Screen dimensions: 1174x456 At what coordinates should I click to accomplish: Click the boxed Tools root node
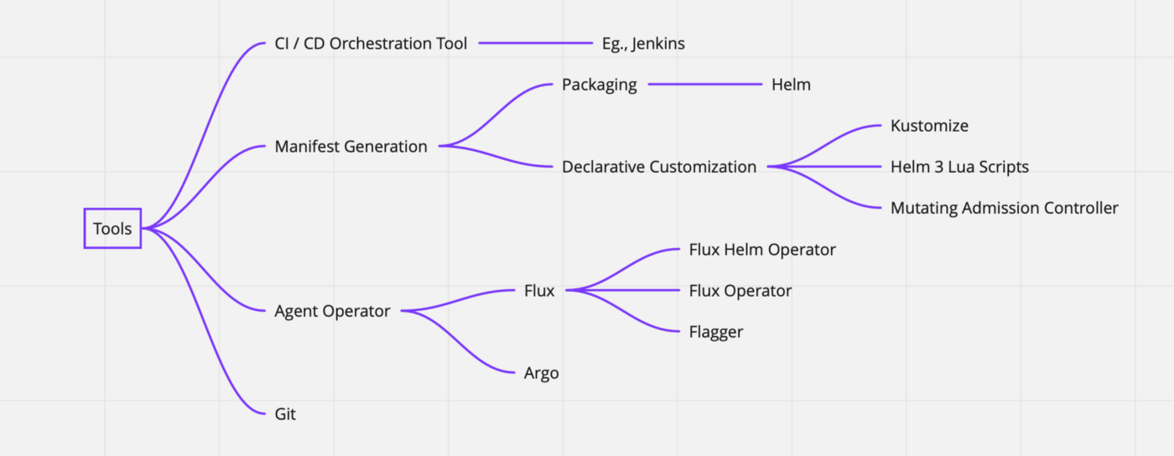pos(112,229)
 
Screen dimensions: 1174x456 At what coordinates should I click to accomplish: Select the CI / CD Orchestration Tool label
pos(371,44)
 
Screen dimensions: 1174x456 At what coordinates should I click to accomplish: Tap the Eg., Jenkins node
pos(643,44)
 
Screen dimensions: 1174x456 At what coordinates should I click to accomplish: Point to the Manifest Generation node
pos(351,146)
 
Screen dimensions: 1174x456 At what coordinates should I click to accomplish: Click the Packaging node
pos(599,85)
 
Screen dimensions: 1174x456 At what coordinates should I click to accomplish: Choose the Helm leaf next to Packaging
pos(791,85)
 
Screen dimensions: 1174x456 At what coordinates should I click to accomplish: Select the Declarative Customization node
pos(659,167)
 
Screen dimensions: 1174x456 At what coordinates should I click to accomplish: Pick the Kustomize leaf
pos(929,126)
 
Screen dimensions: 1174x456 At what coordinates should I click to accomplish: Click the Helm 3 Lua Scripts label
pos(959,167)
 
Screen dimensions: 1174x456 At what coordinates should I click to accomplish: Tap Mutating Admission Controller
pos(1005,208)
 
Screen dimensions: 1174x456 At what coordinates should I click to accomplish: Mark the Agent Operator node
pos(332,311)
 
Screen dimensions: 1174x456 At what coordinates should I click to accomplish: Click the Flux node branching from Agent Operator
pos(539,290)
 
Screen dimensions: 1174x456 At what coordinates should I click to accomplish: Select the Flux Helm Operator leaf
pos(762,250)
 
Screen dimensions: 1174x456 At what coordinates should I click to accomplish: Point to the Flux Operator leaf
pos(740,291)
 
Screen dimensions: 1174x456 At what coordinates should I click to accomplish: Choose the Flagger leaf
pos(716,332)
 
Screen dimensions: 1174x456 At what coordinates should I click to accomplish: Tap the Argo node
pos(542,373)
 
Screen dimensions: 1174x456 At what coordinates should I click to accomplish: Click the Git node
pos(285,414)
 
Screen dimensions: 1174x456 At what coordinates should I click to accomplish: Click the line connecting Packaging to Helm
pos(705,84)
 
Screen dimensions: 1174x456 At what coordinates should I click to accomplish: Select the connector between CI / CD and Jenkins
pos(536,43)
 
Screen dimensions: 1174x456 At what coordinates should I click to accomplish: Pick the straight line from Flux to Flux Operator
pos(622,290)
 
